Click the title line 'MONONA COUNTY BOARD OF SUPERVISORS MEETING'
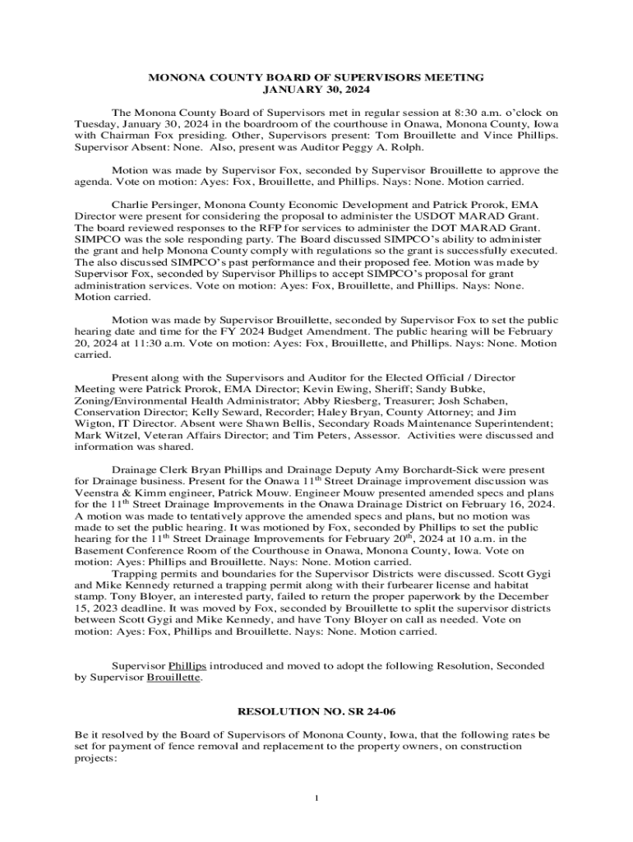(316, 77)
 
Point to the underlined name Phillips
(187, 665)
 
